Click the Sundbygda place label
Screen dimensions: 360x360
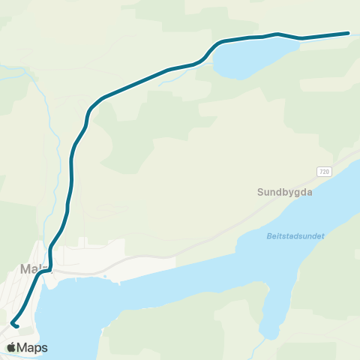click(284, 192)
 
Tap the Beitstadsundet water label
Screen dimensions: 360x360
click(295, 235)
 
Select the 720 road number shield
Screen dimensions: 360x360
click(323, 172)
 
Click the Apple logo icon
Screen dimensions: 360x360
click(13, 347)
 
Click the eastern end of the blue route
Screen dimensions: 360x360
click(349, 33)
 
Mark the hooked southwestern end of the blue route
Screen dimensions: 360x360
click(14, 325)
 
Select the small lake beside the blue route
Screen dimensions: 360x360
click(247, 58)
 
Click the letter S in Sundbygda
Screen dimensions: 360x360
click(261, 192)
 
